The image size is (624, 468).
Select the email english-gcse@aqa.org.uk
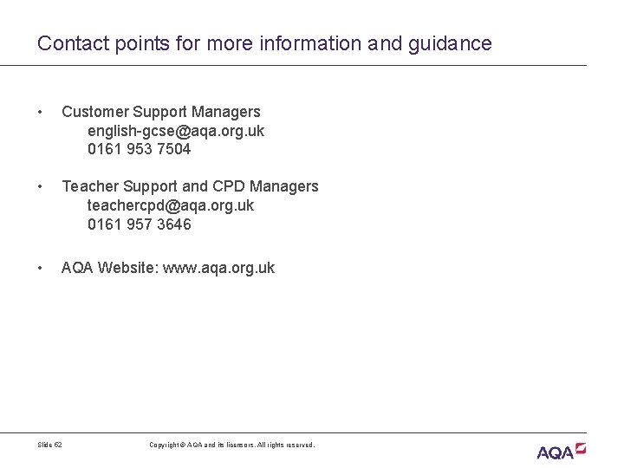click(x=176, y=131)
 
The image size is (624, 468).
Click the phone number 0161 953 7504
click(x=140, y=149)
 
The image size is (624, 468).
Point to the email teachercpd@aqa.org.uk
click(x=171, y=205)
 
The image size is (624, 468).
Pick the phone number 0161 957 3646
click(x=140, y=224)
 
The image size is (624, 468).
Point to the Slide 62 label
click(x=50, y=445)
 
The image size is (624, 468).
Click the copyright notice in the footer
click(x=232, y=445)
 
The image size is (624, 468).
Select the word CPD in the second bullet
click(x=231, y=186)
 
